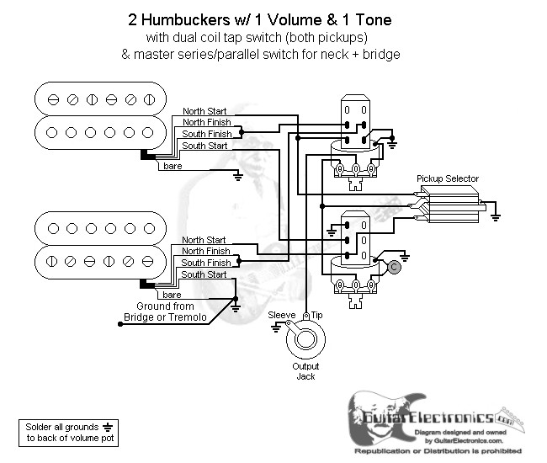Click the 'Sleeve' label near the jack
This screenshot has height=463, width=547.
[x=281, y=314]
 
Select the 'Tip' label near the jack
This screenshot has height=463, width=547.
[x=318, y=314]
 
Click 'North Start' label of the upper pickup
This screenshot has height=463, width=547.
[x=204, y=111]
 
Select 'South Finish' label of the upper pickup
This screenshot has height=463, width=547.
[x=207, y=134]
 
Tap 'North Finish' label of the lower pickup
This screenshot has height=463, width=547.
[x=205, y=251]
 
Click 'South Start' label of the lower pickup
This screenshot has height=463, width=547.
[x=204, y=274]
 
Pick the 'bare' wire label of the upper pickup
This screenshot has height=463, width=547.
[x=173, y=167]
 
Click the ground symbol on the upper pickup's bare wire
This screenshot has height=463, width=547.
[x=238, y=175]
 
